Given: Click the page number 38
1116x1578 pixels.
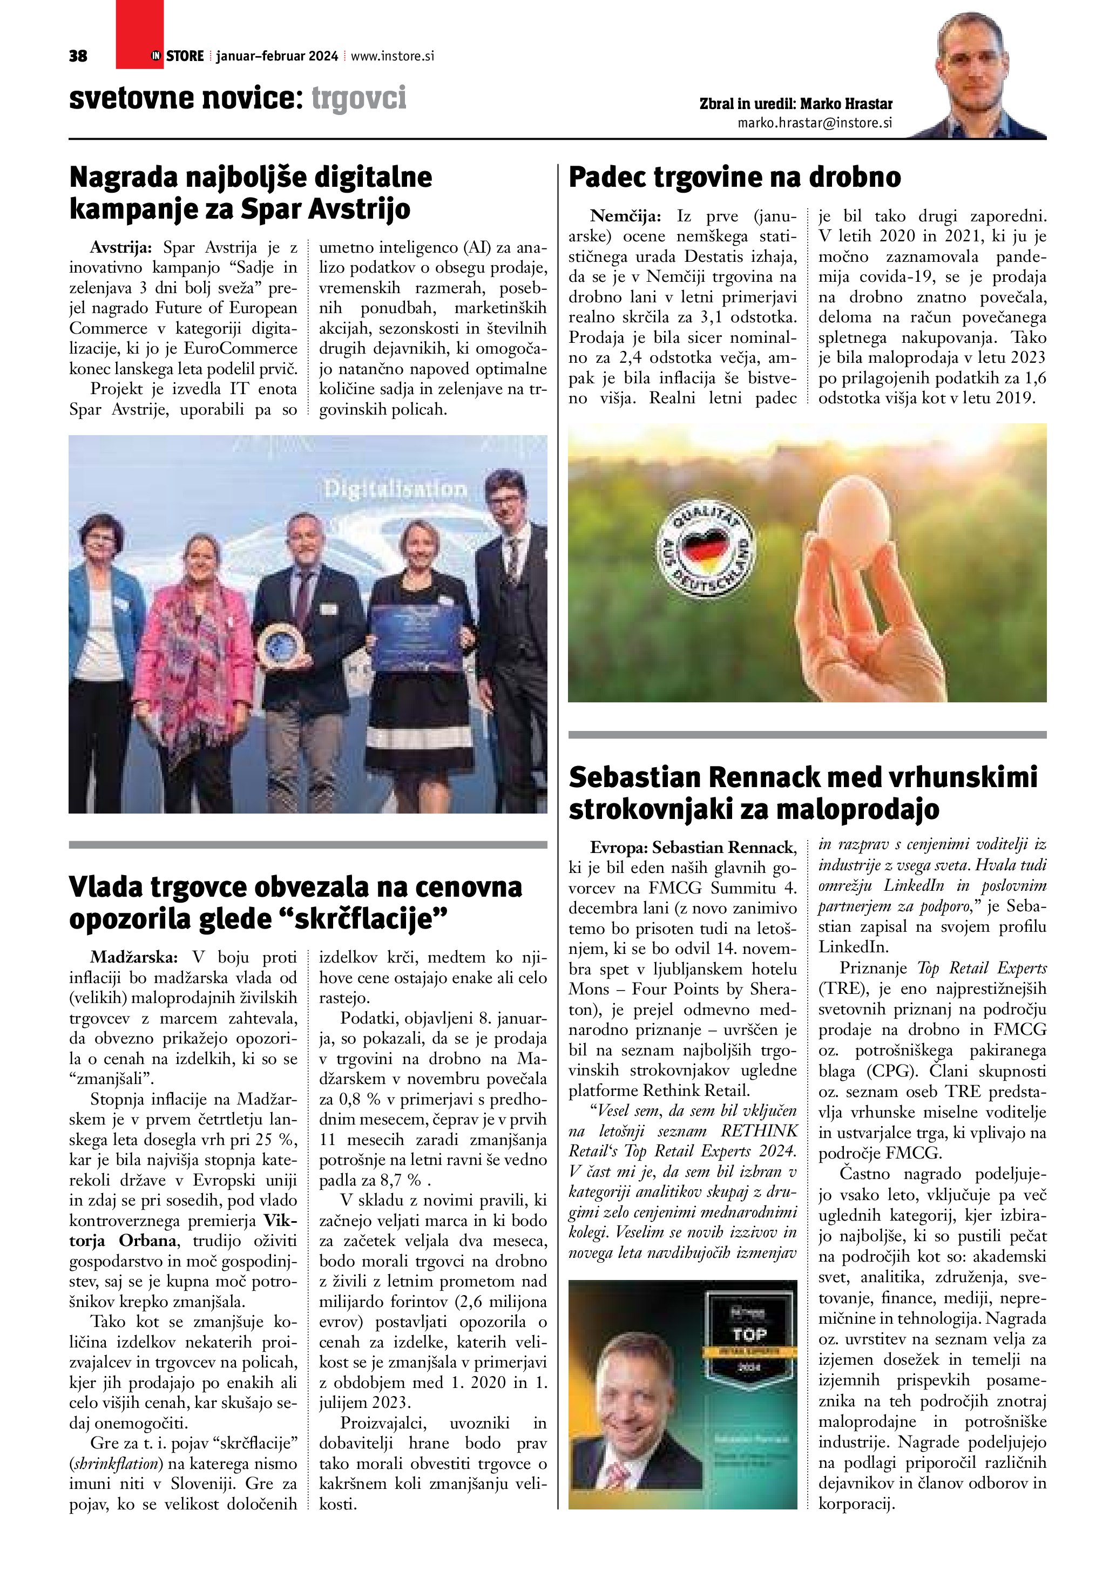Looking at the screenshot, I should tap(78, 56).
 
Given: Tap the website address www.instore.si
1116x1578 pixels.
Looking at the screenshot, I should tap(393, 56).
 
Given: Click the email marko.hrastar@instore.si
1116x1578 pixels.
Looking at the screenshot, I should tap(814, 123).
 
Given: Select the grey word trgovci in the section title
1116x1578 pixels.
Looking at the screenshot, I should tap(359, 98).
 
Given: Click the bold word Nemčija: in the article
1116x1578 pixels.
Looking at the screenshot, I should tap(625, 216).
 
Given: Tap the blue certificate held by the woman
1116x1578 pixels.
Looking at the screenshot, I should tap(415, 629).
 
